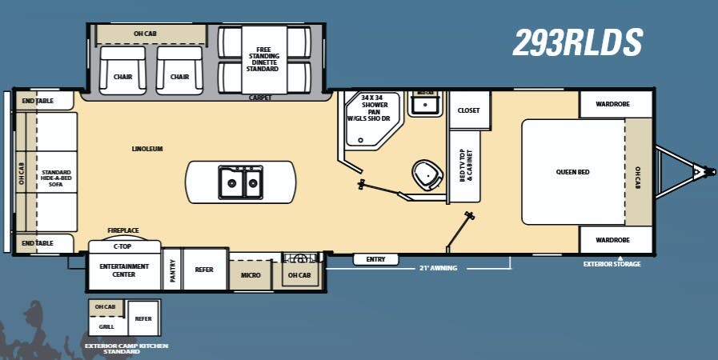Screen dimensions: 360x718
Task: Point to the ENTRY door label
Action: coord(375,259)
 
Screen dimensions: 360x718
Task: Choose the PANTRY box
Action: coord(173,270)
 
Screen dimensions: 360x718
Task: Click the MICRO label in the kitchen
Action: coord(251,274)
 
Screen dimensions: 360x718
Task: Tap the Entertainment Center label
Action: coord(123,270)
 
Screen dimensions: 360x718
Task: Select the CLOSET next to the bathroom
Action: coord(468,110)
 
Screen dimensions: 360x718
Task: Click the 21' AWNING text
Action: coord(438,268)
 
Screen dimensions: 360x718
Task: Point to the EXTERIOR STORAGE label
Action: coord(612,264)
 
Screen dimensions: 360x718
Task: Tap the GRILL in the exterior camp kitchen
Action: coord(106,326)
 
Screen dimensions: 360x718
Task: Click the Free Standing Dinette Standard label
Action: coord(263,59)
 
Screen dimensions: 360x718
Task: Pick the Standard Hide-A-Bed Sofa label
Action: coord(57,177)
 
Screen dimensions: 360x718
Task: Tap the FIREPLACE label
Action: coord(123,230)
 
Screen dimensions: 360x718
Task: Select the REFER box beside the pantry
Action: coord(204,270)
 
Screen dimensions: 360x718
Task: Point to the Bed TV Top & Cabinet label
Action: coord(466,165)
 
